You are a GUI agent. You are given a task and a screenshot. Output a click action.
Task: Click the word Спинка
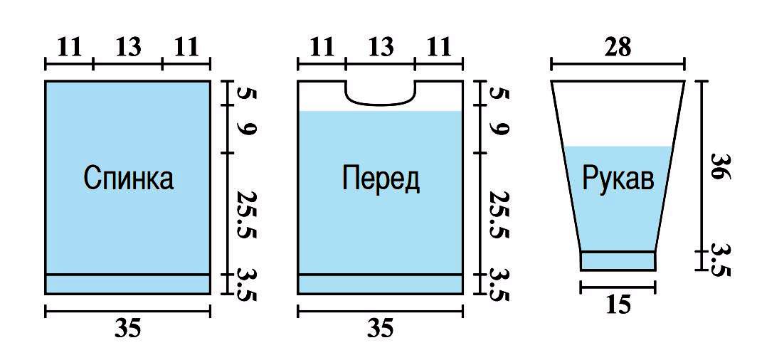[128, 178]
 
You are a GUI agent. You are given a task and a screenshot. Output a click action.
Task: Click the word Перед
[381, 178]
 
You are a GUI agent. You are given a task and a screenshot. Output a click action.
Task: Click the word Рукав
[618, 178]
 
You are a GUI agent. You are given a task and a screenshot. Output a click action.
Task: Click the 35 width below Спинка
[128, 328]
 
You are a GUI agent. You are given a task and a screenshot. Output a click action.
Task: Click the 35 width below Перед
[381, 328]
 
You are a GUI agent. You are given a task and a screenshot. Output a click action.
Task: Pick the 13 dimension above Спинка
[128, 48]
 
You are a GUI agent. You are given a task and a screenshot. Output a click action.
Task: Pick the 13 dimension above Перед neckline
[381, 48]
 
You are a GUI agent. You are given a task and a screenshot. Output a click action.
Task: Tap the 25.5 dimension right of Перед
[499, 213]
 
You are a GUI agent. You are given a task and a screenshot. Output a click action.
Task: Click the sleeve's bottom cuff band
[618, 261]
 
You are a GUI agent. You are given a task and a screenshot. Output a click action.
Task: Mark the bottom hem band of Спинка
[128, 284]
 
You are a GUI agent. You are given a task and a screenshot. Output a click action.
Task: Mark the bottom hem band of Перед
[381, 284]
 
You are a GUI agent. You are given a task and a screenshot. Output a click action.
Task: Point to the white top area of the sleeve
[618, 114]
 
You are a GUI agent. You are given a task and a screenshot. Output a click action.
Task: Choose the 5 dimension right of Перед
[499, 93]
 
